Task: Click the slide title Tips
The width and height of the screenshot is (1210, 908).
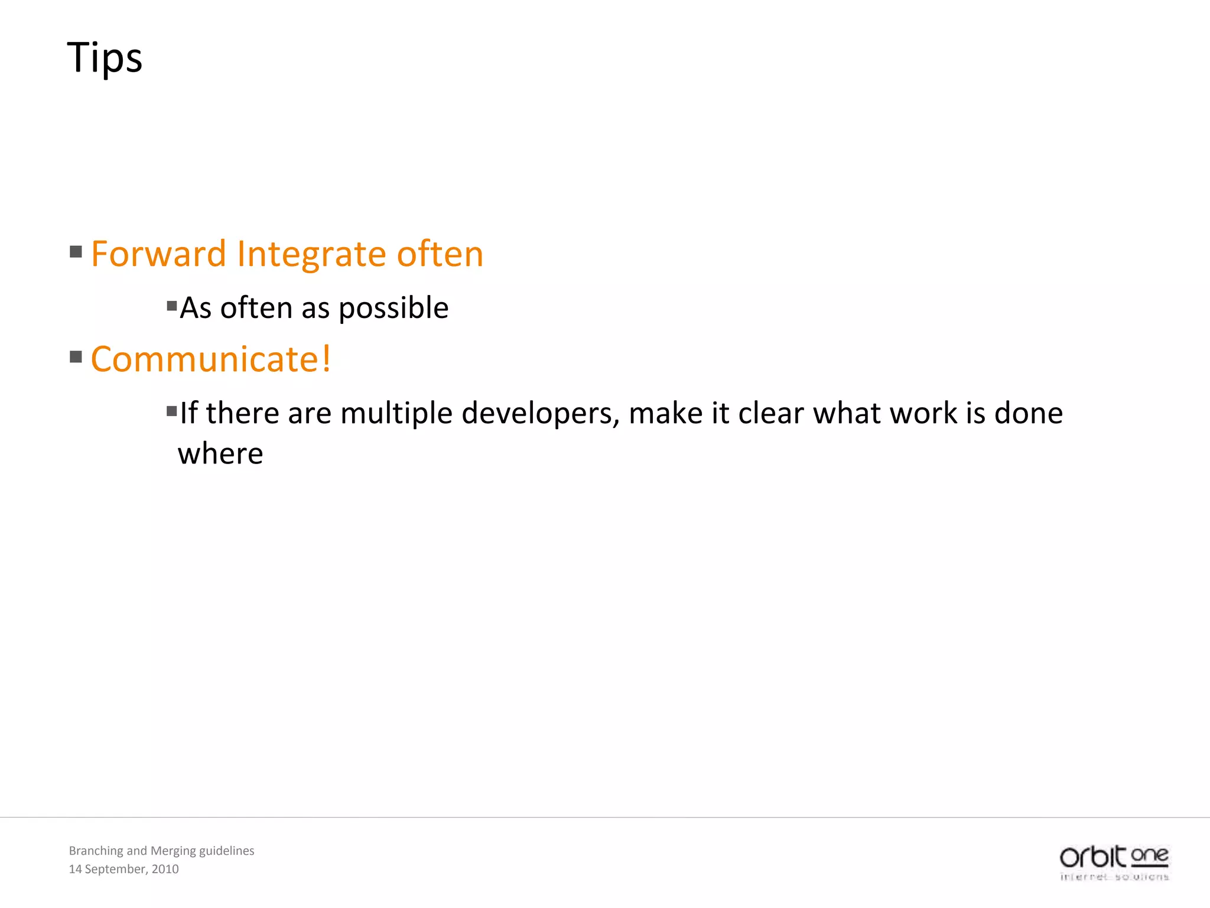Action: (105, 58)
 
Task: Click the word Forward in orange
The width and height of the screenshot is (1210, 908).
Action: (158, 254)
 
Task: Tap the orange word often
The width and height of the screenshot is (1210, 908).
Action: (440, 254)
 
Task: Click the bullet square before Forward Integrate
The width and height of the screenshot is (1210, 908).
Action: (76, 252)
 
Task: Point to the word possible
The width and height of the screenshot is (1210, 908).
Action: (393, 309)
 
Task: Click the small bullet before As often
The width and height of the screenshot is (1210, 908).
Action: (172, 306)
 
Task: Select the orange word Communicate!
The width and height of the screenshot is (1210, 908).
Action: (211, 359)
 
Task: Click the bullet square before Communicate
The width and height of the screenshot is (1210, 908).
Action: (76, 357)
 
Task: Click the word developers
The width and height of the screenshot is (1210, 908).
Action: (540, 413)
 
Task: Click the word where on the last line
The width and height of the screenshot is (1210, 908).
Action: (220, 454)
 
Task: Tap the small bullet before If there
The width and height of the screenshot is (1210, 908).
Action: (172, 411)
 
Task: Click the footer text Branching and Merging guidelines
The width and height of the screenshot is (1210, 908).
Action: (161, 851)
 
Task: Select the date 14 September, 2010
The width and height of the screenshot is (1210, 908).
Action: (123, 869)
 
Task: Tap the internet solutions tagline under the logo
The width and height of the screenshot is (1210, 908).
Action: (1114, 877)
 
